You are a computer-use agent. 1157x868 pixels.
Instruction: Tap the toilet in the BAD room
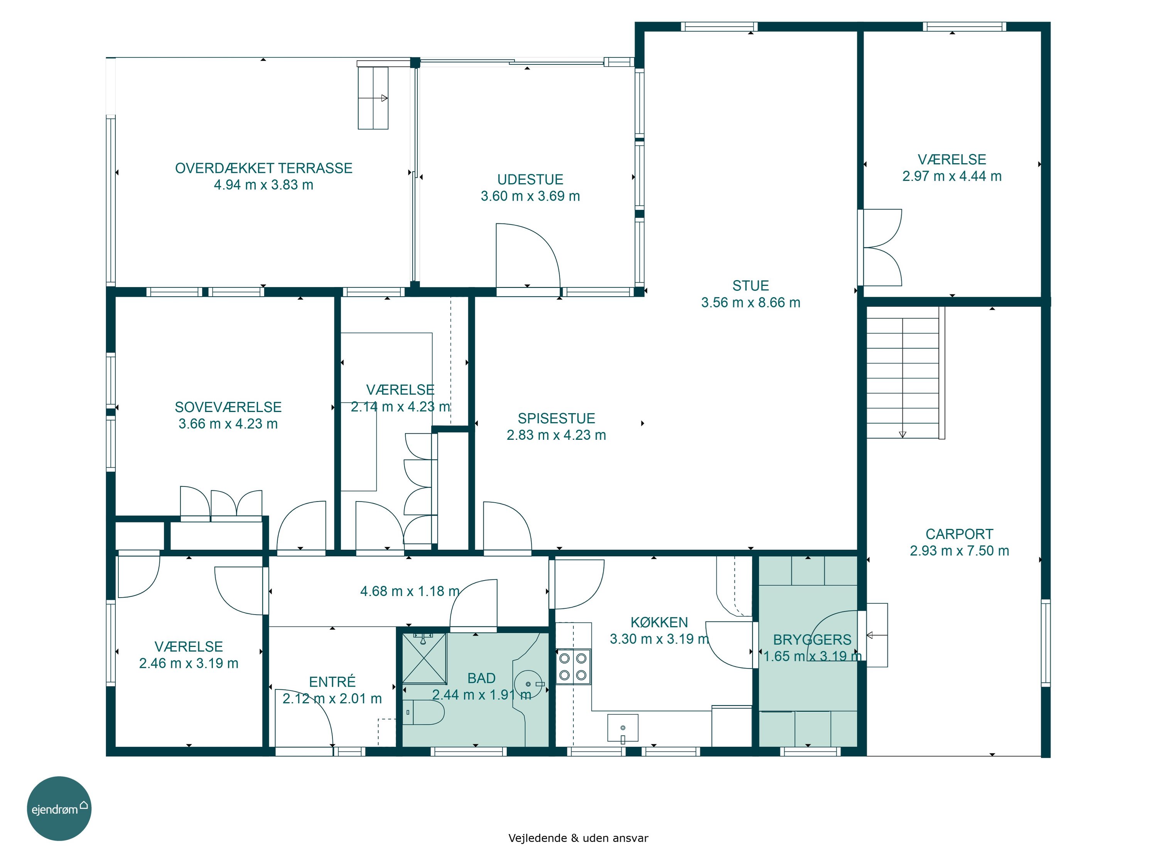pos(423,712)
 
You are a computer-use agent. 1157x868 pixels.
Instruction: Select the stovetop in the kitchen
pos(573,667)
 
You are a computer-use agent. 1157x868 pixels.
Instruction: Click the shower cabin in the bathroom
pos(424,658)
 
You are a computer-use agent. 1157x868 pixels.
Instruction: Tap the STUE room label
pos(751,286)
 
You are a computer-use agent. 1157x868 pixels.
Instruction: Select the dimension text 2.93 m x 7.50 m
pos(959,551)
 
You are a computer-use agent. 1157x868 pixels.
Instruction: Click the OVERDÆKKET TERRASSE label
pos(264,168)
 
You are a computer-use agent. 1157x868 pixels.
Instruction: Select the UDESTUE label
pos(530,179)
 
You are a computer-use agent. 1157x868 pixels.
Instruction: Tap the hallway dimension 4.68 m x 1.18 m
pos(410,591)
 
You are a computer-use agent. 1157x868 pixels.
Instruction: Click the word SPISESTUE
pos(557,418)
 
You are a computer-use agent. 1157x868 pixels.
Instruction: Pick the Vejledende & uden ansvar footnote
pos(578,838)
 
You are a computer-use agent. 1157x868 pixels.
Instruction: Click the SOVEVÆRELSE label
pos(228,407)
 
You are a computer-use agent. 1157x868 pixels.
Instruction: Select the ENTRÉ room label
pos(332,681)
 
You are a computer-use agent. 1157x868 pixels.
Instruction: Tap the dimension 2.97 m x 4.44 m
pos(952,176)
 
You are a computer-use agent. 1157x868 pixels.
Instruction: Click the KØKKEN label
pos(659,622)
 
